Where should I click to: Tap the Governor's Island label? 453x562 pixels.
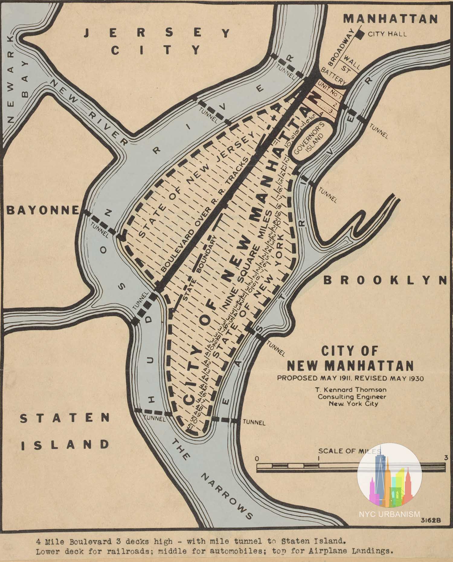(x=309, y=139)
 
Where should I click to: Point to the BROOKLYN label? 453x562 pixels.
(x=385, y=280)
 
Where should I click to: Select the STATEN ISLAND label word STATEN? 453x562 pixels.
(x=65, y=418)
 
